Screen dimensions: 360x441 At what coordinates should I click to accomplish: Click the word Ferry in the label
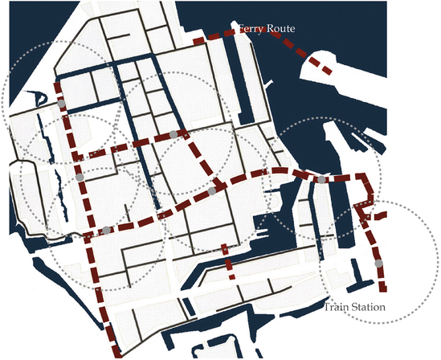(x=250, y=29)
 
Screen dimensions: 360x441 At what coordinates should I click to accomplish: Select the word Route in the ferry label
(x=280, y=29)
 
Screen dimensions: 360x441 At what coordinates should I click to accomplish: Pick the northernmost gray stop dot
(x=61, y=104)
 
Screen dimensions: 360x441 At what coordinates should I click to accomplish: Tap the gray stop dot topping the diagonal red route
(x=173, y=133)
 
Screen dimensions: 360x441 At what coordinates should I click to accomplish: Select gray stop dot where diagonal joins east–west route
(x=212, y=191)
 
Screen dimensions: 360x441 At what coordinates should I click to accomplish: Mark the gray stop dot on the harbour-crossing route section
(x=321, y=180)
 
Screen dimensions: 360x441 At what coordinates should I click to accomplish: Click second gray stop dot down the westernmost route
(x=80, y=176)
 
